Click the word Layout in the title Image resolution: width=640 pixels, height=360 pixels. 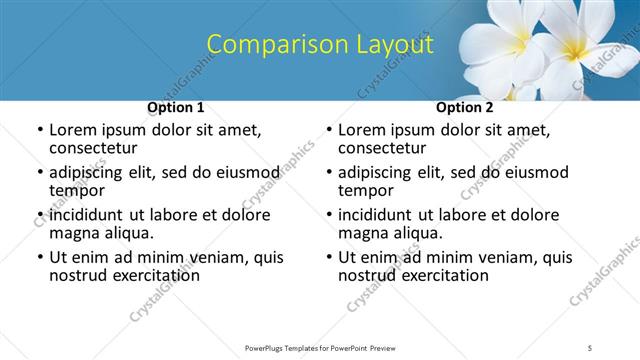[391, 45]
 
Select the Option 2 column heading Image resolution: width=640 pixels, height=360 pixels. [465, 107]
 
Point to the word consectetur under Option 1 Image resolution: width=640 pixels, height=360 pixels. [92, 148]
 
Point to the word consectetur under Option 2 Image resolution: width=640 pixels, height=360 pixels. [382, 148]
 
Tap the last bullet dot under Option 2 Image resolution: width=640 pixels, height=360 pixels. [328, 258]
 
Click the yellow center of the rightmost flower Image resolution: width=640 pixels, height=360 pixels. [579, 48]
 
